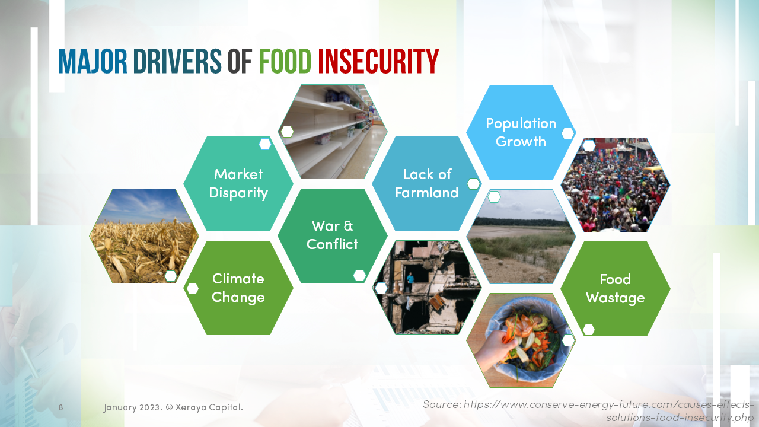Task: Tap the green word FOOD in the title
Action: click(285, 61)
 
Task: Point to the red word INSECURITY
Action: click(378, 61)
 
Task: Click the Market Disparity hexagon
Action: click(238, 183)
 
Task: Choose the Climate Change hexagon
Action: click(238, 288)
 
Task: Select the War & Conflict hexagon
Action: click(332, 235)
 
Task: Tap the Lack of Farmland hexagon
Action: click(426, 183)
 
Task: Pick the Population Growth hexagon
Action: click(521, 132)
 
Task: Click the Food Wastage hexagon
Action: click(615, 288)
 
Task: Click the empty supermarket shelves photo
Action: click(333, 132)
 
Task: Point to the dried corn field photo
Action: click(144, 236)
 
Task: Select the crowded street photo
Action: click(615, 185)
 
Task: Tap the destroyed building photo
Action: click(426, 288)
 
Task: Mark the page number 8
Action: click(60, 407)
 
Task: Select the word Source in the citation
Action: click(441, 404)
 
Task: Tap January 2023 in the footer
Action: click(132, 407)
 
